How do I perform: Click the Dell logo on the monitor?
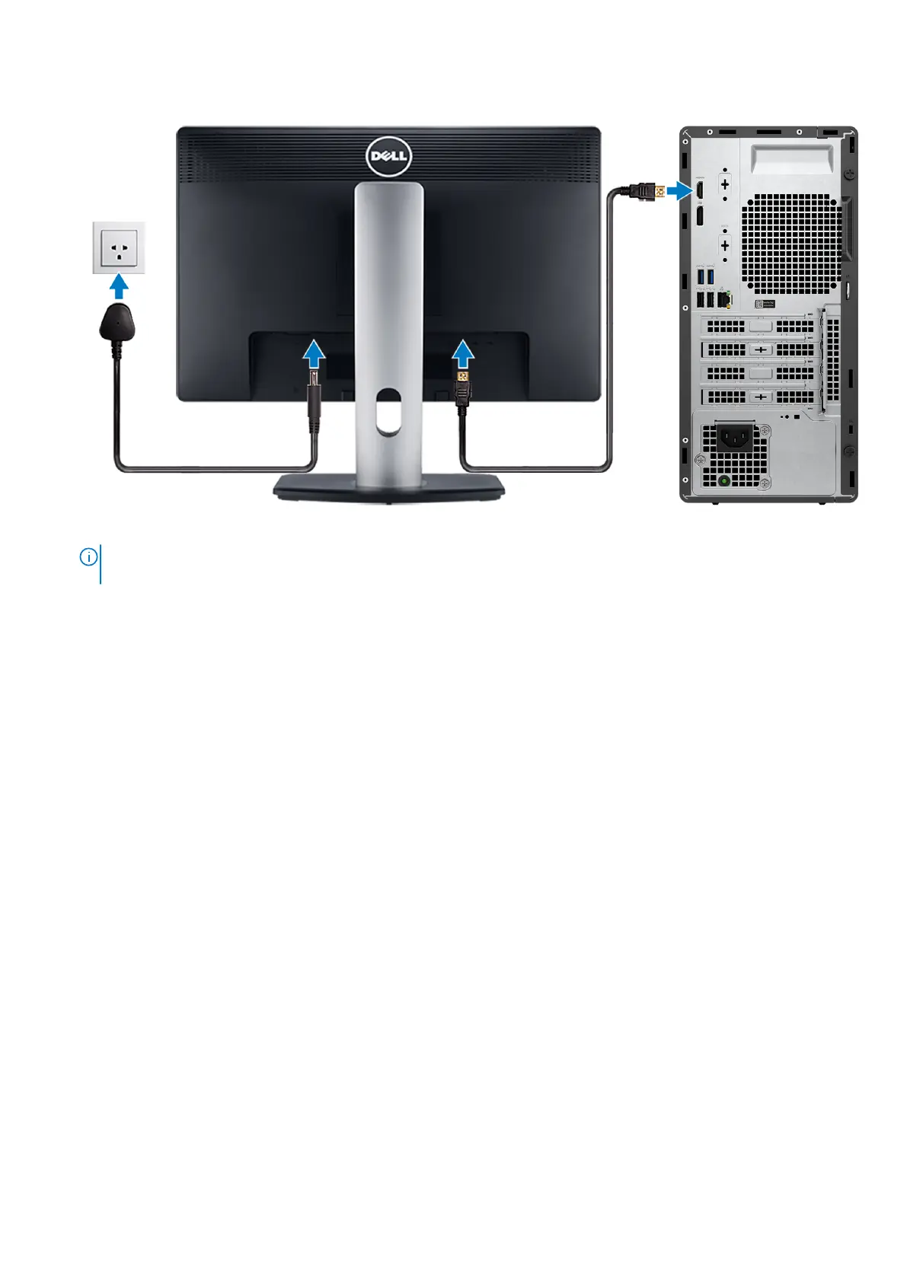coord(388,156)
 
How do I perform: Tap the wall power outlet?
coord(119,247)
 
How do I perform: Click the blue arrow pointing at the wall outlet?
coord(119,287)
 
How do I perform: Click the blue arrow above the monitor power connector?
coord(314,354)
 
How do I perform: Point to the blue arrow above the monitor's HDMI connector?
coord(462,354)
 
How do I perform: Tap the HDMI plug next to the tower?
coord(646,190)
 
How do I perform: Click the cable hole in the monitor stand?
coord(388,411)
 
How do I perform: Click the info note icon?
coord(88,557)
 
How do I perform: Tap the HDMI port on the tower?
coord(698,190)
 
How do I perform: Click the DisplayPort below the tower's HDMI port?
coord(698,215)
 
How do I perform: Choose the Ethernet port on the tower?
coord(723,300)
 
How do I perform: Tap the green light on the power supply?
coord(724,480)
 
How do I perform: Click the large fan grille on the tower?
coord(792,244)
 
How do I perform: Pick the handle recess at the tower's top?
coord(791,160)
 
